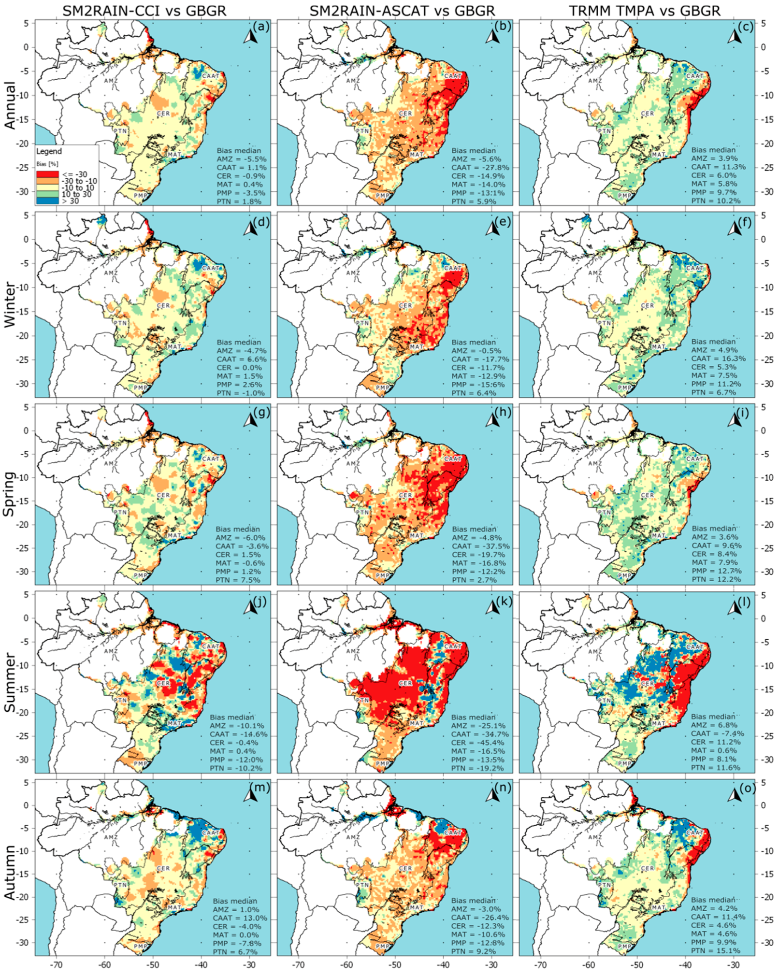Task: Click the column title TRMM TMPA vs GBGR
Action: click(645, 10)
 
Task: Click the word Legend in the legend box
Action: click(49, 151)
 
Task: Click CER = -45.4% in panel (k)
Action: click(478, 743)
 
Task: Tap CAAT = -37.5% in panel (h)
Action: click(480, 546)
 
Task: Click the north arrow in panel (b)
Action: click(492, 36)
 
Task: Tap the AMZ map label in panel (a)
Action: click(111, 81)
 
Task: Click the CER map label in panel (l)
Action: click(647, 683)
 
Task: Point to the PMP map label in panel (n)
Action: click(382, 946)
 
